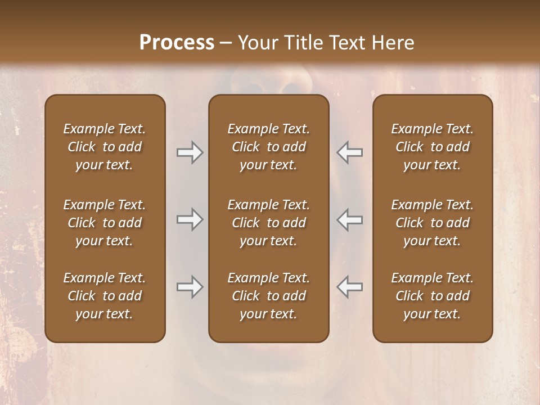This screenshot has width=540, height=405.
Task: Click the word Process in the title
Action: [x=177, y=43]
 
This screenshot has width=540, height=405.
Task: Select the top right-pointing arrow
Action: [x=190, y=152]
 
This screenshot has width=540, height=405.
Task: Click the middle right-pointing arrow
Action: [x=190, y=219]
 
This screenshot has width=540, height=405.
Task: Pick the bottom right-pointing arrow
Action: [x=190, y=287]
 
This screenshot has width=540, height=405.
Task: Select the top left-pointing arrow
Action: [x=349, y=152]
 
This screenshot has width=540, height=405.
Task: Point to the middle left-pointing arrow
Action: [x=349, y=219]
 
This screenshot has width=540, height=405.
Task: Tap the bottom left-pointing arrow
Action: [x=349, y=287]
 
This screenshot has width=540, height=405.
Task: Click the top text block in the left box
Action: [x=105, y=147]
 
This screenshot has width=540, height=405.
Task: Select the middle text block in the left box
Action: [x=105, y=223]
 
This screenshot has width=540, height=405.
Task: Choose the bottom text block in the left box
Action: [x=105, y=296]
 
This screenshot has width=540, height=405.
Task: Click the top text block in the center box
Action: [x=269, y=147]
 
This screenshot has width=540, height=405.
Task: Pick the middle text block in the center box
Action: [x=269, y=223]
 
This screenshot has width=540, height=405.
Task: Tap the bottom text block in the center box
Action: [x=269, y=296]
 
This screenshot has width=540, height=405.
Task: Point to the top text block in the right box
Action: [x=433, y=147]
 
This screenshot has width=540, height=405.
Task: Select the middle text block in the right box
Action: [x=433, y=223]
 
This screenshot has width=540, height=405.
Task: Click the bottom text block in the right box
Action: [x=433, y=296]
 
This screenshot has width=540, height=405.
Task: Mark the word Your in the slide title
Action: [x=256, y=43]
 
